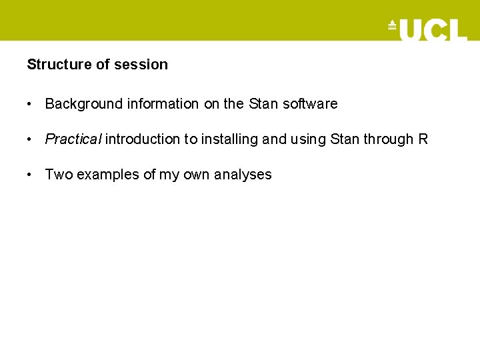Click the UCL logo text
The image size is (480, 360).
click(433, 29)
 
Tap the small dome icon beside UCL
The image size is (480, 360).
click(392, 26)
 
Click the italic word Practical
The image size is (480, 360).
click(73, 139)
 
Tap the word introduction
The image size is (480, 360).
click(143, 139)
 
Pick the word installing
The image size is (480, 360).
click(230, 139)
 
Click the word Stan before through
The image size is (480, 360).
click(345, 139)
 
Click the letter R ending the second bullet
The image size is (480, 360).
click(423, 139)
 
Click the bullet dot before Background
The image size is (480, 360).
click(30, 105)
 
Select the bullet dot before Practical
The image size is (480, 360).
click(30, 140)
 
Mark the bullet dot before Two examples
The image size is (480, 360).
click(30, 175)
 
